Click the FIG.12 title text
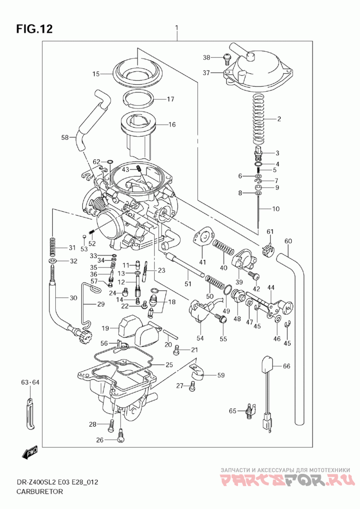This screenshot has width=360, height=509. [35, 29]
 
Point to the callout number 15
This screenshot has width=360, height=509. [96, 74]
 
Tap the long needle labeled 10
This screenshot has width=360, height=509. [258, 211]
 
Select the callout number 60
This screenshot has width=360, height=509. [288, 241]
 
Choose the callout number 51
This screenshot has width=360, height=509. [188, 284]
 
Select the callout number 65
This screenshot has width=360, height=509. [232, 411]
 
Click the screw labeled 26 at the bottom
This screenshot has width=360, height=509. [120, 435]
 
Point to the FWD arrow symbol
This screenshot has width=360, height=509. [31, 454]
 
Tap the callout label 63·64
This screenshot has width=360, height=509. [31, 383]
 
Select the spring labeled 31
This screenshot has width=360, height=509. [53, 247]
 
